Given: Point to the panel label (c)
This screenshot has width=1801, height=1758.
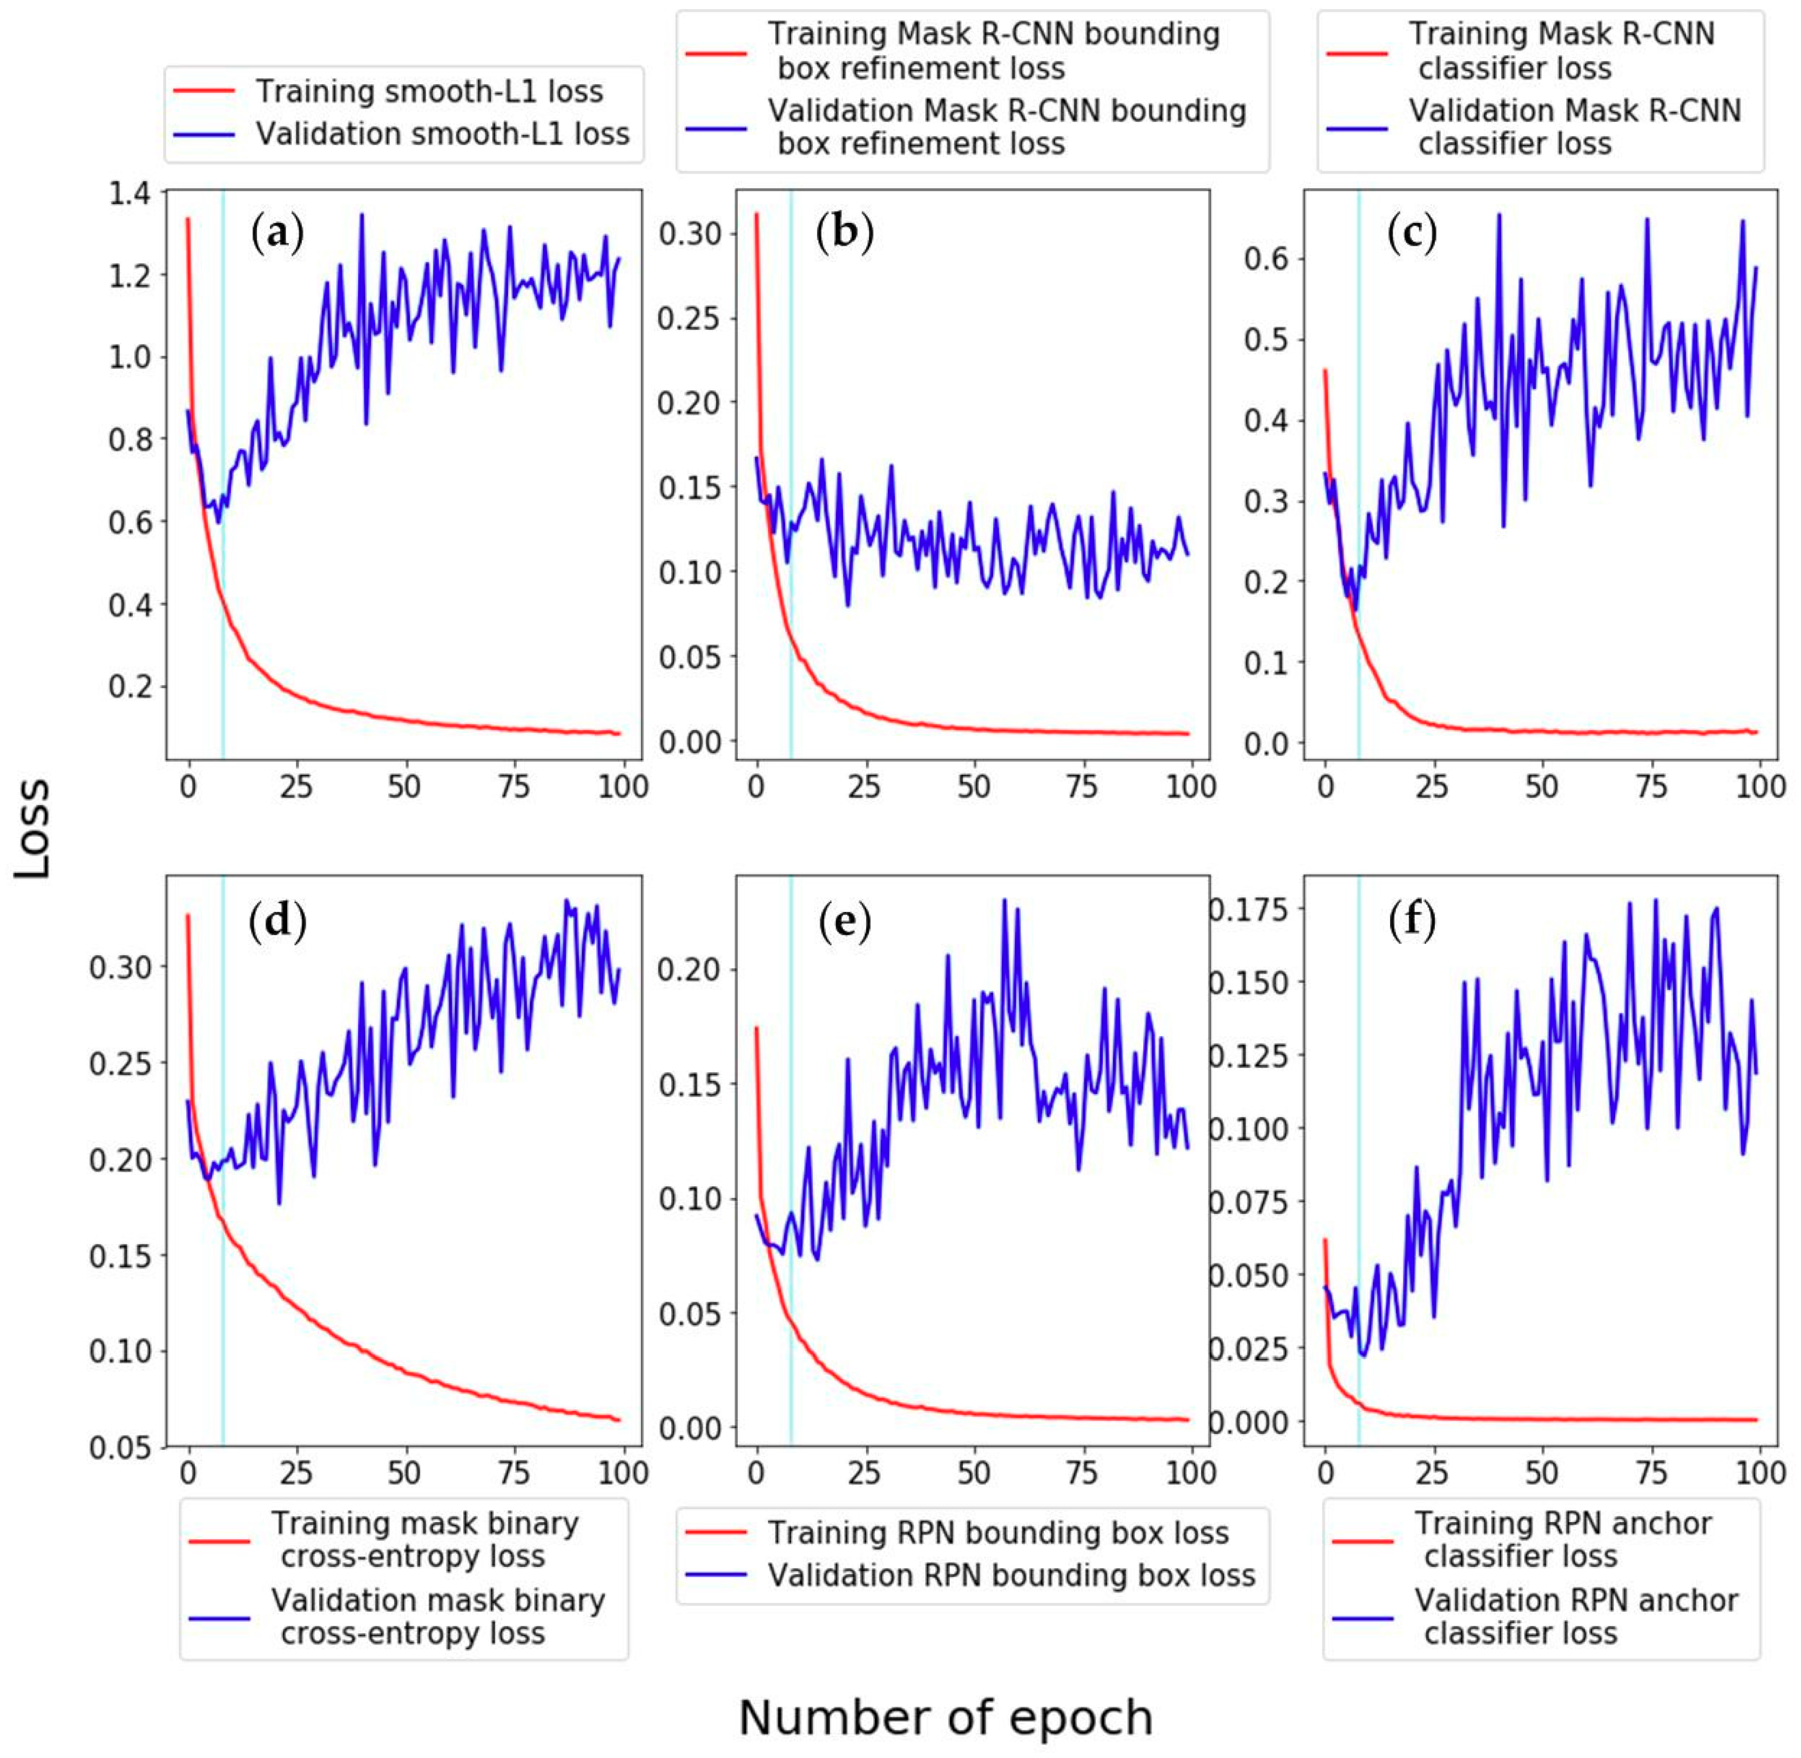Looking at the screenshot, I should click(x=1412, y=234).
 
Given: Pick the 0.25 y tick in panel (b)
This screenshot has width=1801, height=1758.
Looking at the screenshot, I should click(x=688, y=319).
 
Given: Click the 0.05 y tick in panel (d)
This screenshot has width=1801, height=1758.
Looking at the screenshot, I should click(x=120, y=1448).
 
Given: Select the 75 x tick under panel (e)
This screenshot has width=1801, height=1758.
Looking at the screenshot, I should click(x=1082, y=1473).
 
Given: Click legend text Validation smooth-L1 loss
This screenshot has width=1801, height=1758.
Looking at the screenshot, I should click(x=442, y=134).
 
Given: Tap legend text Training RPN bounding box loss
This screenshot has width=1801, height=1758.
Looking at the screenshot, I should click(x=999, y=1533).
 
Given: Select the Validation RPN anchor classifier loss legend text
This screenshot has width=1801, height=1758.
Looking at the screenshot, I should click(x=1576, y=1616).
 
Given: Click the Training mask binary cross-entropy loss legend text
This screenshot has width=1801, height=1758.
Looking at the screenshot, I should click(x=425, y=1539).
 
